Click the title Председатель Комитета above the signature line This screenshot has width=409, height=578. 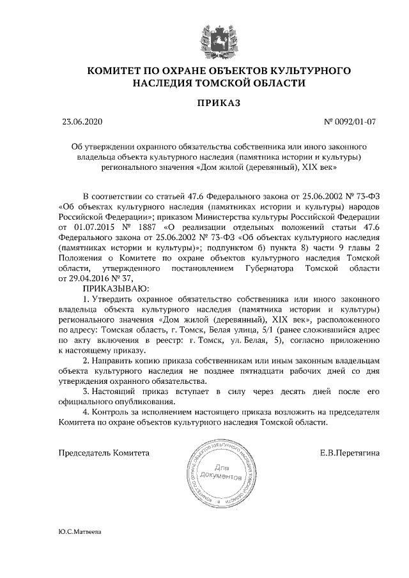coord(104,453)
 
